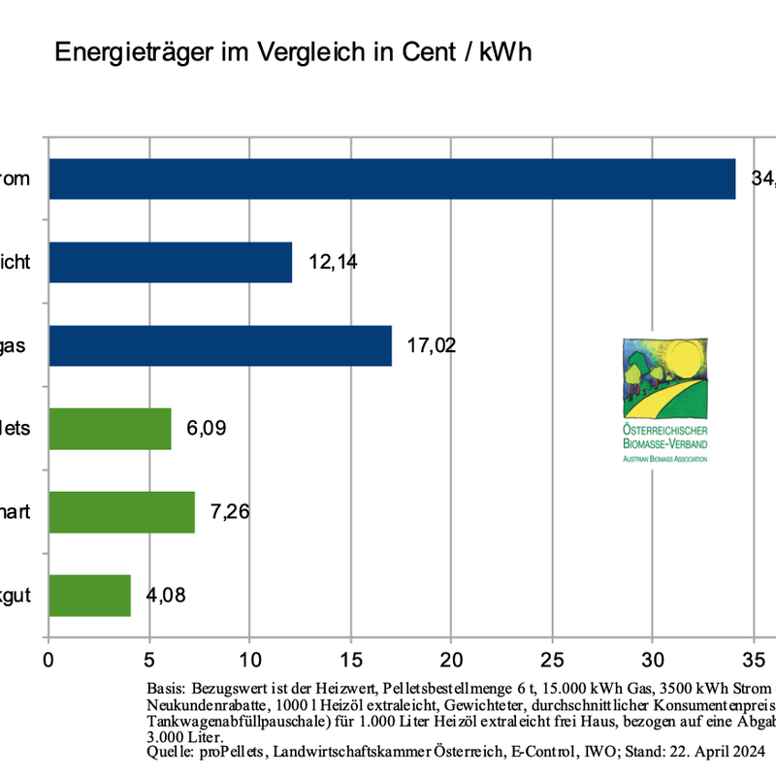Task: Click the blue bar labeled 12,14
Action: click(x=170, y=262)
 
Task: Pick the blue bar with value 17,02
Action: click(x=219, y=345)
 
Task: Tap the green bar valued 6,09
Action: click(x=110, y=429)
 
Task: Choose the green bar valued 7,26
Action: click(x=121, y=512)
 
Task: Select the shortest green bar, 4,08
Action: click(x=89, y=596)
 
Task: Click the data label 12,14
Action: click(x=333, y=262)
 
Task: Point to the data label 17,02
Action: click(x=432, y=345)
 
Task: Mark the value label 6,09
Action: click(x=207, y=429)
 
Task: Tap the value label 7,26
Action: click(x=230, y=512)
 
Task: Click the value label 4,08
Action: click(x=166, y=596)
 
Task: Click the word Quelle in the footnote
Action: click(x=167, y=751)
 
